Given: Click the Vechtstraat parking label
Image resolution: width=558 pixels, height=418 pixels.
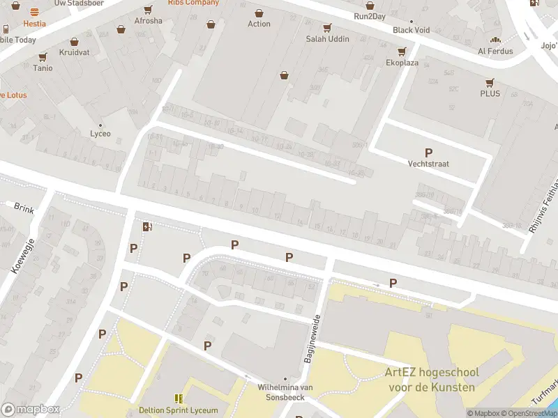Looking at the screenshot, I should pos(428,164).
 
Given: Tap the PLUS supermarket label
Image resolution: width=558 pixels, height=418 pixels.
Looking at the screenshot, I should pos(490,93).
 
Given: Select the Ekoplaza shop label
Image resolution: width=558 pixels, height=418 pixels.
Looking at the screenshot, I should pos(402,62).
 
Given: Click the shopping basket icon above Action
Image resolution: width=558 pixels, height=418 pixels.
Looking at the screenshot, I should pos(259,13).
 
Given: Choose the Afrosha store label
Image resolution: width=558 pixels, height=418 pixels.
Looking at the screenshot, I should pos(148,20).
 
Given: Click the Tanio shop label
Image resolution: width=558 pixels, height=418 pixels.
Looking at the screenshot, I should pos(43,68).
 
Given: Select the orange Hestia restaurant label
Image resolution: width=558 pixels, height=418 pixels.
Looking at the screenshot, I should pos(34,23).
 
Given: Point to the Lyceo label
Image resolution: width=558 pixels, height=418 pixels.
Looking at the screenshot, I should pos(100,134).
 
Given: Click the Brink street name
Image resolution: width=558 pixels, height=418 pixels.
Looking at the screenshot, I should pos(24,206).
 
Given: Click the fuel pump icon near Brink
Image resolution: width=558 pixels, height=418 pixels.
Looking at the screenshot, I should pos(146,226).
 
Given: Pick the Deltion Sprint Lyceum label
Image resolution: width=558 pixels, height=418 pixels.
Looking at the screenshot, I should pos(179,410).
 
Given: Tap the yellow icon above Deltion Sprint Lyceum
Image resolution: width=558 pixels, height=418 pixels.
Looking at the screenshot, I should pos(179,398).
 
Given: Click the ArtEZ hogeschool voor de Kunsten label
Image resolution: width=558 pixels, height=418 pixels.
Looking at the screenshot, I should pos(430,380).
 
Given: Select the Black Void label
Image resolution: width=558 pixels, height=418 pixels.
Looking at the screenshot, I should pos(411,30).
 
